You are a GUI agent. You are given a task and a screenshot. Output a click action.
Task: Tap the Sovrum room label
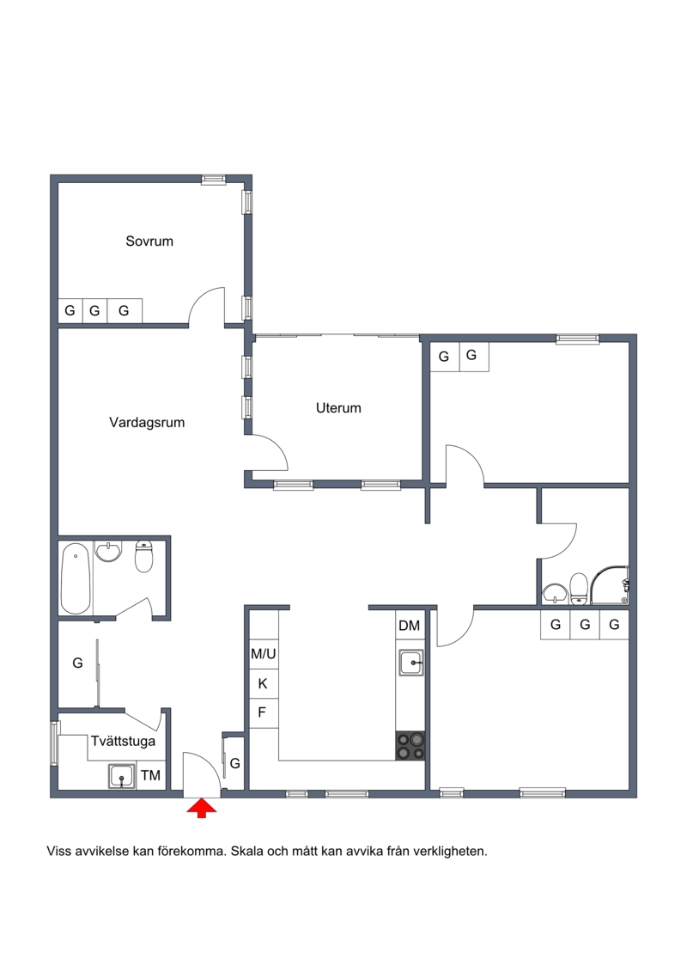(x=149, y=241)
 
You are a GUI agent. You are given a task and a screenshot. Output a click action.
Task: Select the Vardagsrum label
(x=147, y=423)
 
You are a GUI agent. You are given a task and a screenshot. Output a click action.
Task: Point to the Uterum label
(x=338, y=408)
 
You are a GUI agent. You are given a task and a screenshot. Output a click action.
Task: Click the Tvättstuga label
(x=124, y=741)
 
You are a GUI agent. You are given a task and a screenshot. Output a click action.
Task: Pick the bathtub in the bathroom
(x=76, y=578)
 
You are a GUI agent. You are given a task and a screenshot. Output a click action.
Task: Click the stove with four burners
(x=410, y=746)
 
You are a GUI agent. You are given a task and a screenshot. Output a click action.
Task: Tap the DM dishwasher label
(x=409, y=626)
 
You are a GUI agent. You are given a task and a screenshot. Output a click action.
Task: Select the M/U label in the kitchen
(x=264, y=653)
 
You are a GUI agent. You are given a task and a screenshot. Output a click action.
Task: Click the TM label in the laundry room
(x=150, y=775)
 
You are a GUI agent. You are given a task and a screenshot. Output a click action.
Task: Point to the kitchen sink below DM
(x=411, y=663)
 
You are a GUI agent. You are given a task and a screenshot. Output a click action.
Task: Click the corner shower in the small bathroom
(x=610, y=585)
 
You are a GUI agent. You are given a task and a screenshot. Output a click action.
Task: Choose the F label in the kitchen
(x=261, y=712)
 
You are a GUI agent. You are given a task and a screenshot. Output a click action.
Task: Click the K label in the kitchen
(x=263, y=684)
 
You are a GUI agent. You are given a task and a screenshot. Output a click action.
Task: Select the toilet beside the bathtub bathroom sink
(x=143, y=557)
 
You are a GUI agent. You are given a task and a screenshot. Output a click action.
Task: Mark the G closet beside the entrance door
(x=234, y=764)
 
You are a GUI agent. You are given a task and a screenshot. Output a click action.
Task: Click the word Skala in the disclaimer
(x=247, y=851)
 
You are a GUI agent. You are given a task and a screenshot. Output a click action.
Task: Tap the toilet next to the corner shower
(x=579, y=589)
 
